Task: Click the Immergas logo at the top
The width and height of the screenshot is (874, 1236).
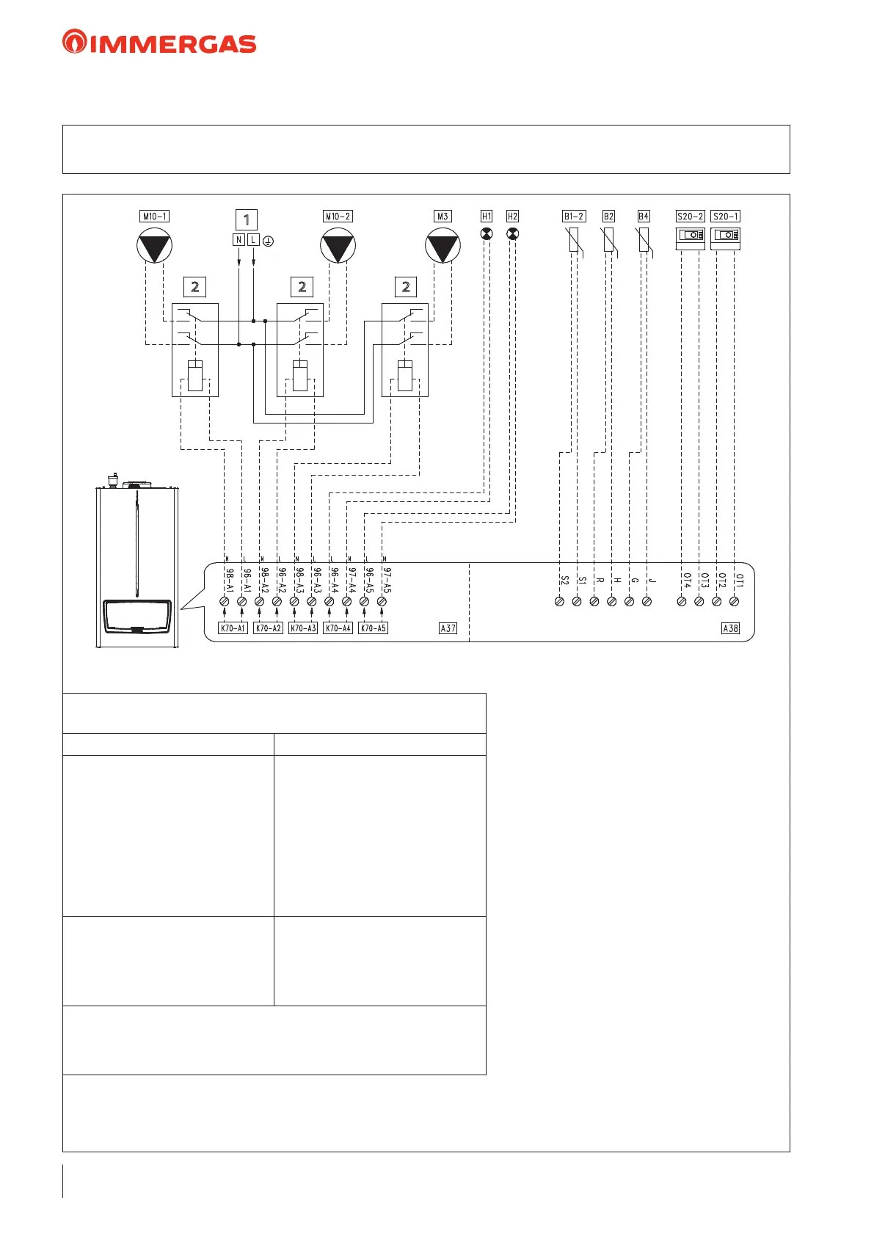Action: tap(159, 42)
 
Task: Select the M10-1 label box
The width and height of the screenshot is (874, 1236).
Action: tap(154, 217)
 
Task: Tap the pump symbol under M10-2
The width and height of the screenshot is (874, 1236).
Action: tap(338, 246)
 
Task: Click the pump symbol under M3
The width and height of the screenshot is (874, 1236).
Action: tap(443, 246)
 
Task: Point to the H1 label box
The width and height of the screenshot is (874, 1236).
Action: tap(487, 217)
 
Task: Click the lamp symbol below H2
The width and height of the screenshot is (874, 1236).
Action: tap(512, 234)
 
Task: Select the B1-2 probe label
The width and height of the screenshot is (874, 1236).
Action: tap(574, 217)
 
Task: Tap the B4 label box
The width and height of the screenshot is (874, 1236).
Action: tap(644, 217)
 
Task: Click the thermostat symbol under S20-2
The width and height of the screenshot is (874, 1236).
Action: tap(690, 236)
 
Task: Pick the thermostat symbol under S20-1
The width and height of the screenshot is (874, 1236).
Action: tap(725, 236)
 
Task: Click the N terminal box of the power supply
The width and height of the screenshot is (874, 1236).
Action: tap(238, 240)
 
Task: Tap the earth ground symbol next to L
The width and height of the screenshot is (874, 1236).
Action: tap(269, 241)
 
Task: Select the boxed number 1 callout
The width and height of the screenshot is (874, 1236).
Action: tap(247, 219)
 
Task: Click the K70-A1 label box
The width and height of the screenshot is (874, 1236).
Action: tap(233, 628)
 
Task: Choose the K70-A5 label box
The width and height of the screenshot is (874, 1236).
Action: tap(373, 628)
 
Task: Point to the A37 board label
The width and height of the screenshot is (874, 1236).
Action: tap(448, 628)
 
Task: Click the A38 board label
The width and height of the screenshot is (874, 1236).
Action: tap(730, 628)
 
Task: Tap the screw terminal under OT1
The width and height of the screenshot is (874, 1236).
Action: tap(734, 602)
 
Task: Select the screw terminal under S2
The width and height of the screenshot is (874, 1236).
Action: tap(559, 602)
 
